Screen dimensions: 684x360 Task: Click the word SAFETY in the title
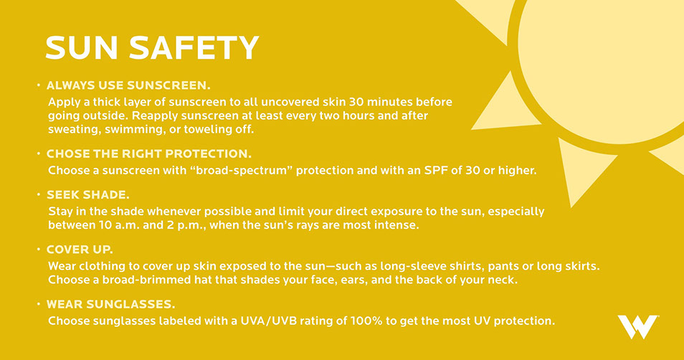click(x=194, y=47)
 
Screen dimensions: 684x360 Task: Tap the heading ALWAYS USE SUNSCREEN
click(x=128, y=85)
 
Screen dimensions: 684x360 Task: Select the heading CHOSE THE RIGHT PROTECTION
click(x=148, y=154)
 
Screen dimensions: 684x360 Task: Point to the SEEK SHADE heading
click(x=88, y=194)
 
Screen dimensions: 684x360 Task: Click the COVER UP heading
click(x=80, y=250)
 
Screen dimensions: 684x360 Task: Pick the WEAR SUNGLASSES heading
click(x=111, y=304)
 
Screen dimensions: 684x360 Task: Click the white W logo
click(x=638, y=326)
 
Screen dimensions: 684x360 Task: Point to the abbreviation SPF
click(x=436, y=170)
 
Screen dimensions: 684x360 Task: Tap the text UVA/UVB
click(x=269, y=321)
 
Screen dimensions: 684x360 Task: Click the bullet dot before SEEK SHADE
click(x=39, y=194)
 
